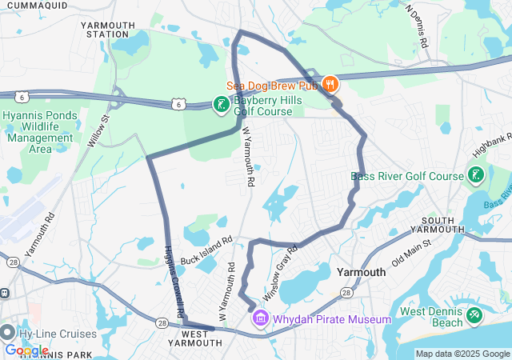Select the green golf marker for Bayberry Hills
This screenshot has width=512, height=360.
220,105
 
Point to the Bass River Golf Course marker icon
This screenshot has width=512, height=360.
475,175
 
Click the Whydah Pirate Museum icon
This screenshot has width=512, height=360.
260,320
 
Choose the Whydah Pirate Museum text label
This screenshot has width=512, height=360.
332,320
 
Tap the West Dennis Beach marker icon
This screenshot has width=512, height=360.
474,315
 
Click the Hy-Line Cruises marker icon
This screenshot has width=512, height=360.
8,333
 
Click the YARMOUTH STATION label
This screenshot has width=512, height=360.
108,30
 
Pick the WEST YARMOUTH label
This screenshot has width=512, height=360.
195,338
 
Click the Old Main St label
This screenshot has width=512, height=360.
411,251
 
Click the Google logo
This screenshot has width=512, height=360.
26,350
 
